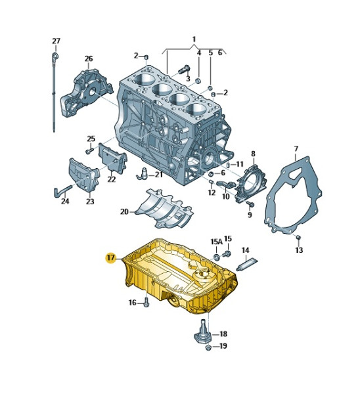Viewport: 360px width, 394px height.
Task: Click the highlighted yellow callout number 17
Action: [111, 257]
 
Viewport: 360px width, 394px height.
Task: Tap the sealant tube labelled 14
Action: [247, 265]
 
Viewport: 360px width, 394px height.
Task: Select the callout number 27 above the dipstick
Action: [56, 41]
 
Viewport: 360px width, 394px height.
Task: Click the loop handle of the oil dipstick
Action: [55, 56]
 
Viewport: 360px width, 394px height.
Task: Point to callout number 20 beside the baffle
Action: [124, 212]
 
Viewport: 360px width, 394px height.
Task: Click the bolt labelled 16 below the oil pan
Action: [146, 302]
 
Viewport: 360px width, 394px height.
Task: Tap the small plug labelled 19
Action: [208, 348]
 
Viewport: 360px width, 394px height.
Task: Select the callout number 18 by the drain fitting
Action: [223, 334]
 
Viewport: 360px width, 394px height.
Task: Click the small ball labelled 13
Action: [298, 237]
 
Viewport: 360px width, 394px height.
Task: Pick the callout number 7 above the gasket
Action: [296, 149]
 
